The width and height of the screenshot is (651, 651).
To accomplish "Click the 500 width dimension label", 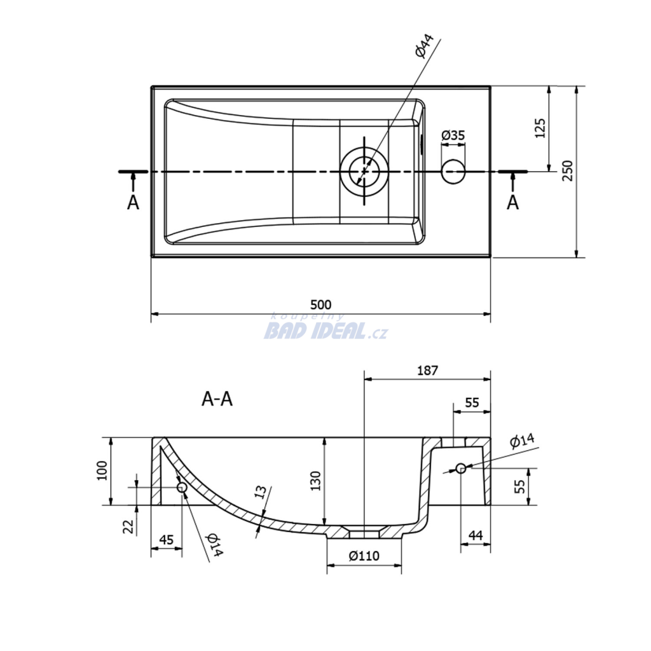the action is coord(321,305).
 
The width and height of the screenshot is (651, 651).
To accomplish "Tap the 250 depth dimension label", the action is coord(567,170).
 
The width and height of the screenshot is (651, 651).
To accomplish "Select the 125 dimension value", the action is coord(540,128).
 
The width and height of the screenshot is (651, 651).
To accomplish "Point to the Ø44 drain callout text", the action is coord(424,45).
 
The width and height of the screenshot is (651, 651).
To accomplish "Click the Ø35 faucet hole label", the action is coord(453,135).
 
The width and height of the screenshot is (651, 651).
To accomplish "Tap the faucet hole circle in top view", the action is coord(453,172).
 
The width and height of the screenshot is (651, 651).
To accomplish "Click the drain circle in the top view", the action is coord(364,171).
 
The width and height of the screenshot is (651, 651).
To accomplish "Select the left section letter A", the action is coord(133,203).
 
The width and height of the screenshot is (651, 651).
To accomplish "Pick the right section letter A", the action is coord(513,203).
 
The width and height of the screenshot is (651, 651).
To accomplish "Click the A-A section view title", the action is coord(217,399).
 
